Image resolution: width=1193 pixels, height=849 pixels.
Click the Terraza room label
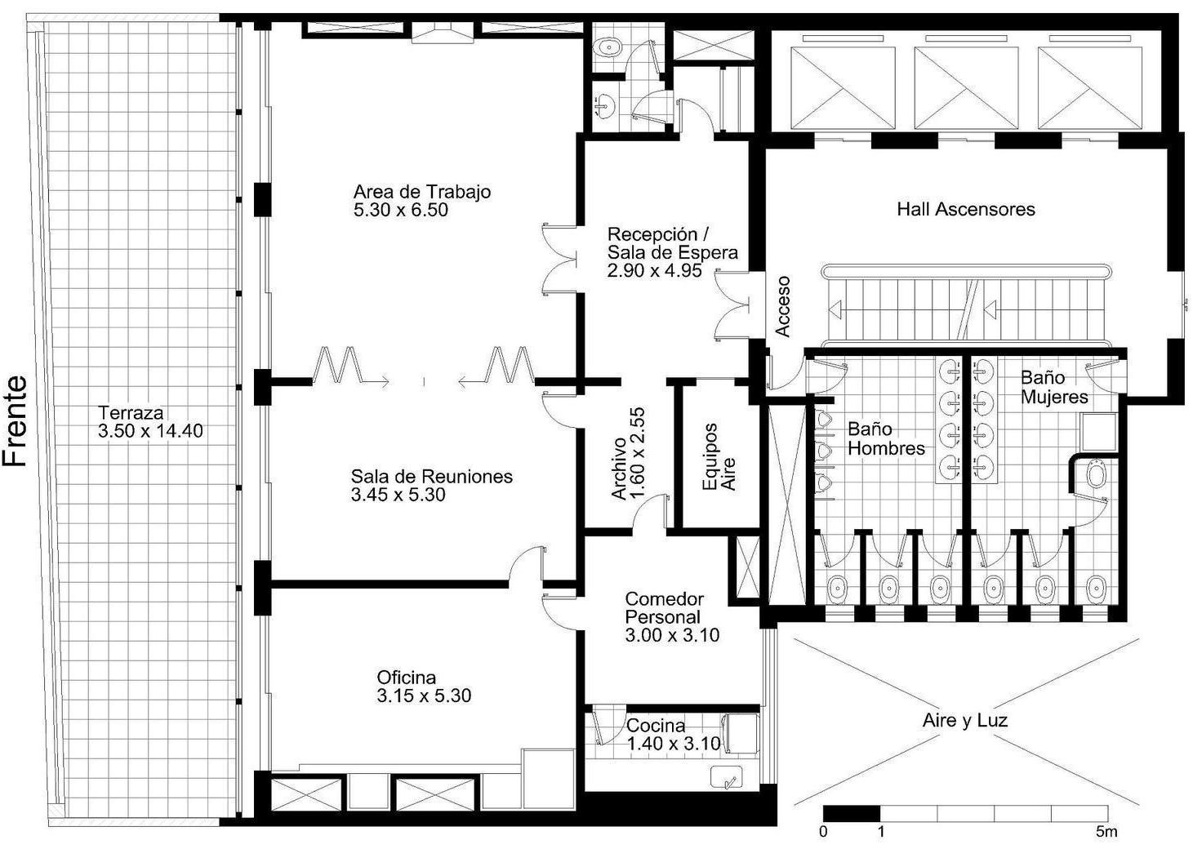pos(131,412)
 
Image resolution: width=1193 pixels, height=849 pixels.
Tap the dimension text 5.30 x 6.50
pos(400,210)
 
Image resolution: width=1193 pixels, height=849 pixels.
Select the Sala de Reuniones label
pos(431,476)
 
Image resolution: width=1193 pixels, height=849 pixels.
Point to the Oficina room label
pos(407,677)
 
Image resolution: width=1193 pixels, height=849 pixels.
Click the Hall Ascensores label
pos(965,209)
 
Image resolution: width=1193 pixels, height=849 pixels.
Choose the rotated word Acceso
pos(782,306)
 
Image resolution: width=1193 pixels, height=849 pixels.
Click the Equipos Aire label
pos(719,456)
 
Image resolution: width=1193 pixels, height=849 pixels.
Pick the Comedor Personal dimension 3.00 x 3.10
pos(672,635)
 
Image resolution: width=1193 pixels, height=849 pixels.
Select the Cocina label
pos(656,725)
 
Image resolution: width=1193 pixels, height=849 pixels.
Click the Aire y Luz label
pos(964,721)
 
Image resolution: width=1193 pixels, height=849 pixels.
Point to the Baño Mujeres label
pos(1054,387)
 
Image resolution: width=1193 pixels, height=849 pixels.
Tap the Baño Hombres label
pos(886,438)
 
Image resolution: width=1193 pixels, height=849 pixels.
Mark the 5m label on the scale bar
pos(1106,831)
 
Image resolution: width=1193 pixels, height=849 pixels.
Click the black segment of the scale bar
pos(851,813)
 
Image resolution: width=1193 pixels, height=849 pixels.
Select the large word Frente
pos(16,421)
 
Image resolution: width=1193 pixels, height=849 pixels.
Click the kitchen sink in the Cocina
pos(727,777)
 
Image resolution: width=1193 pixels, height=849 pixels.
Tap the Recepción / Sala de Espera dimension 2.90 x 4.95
pos(655,270)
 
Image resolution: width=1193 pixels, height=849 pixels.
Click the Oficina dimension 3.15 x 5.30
pos(424,696)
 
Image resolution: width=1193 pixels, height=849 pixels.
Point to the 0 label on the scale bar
pos(823,831)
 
